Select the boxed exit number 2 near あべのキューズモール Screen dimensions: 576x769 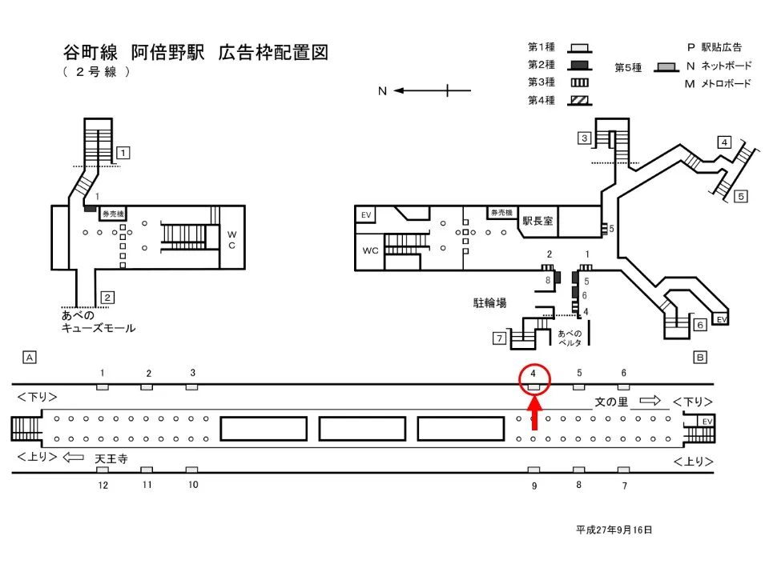point(107,298)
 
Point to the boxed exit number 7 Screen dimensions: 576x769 point(499,338)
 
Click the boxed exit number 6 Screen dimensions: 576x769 point(699,325)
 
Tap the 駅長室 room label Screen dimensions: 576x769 point(537,221)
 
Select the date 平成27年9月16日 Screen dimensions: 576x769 point(614,530)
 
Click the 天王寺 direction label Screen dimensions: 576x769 point(111,459)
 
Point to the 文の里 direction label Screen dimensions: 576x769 point(611,402)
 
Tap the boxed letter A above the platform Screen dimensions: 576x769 point(30,358)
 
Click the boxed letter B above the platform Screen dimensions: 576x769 point(699,358)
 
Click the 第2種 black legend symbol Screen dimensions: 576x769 point(579,65)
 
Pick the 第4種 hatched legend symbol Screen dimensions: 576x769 point(579,100)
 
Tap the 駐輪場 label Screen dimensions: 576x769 point(490,302)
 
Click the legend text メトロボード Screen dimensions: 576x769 point(726,83)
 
